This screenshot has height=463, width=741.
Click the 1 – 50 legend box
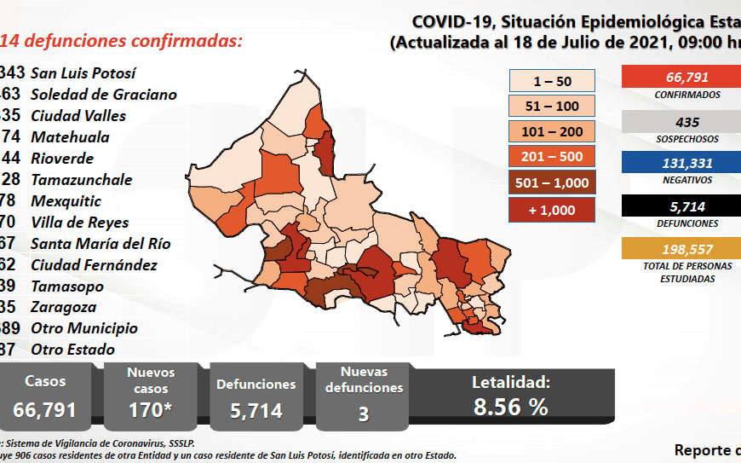(x=552, y=81)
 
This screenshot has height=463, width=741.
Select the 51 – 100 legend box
(x=552, y=106)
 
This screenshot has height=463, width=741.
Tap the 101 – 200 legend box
(x=552, y=131)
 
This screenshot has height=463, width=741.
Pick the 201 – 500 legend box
(x=552, y=157)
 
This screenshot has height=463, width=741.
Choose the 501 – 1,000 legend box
(x=552, y=182)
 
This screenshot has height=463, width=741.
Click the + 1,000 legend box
(x=552, y=209)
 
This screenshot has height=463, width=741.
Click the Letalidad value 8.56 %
(x=511, y=407)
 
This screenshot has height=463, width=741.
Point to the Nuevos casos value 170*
(x=150, y=409)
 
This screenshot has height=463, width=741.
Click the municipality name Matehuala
(x=70, y=136)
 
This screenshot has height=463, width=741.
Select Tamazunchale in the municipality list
(x=81, y=179)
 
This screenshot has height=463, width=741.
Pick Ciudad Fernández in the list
(x=94, y=264)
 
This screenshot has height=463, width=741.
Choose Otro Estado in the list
(x=72, y=349)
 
